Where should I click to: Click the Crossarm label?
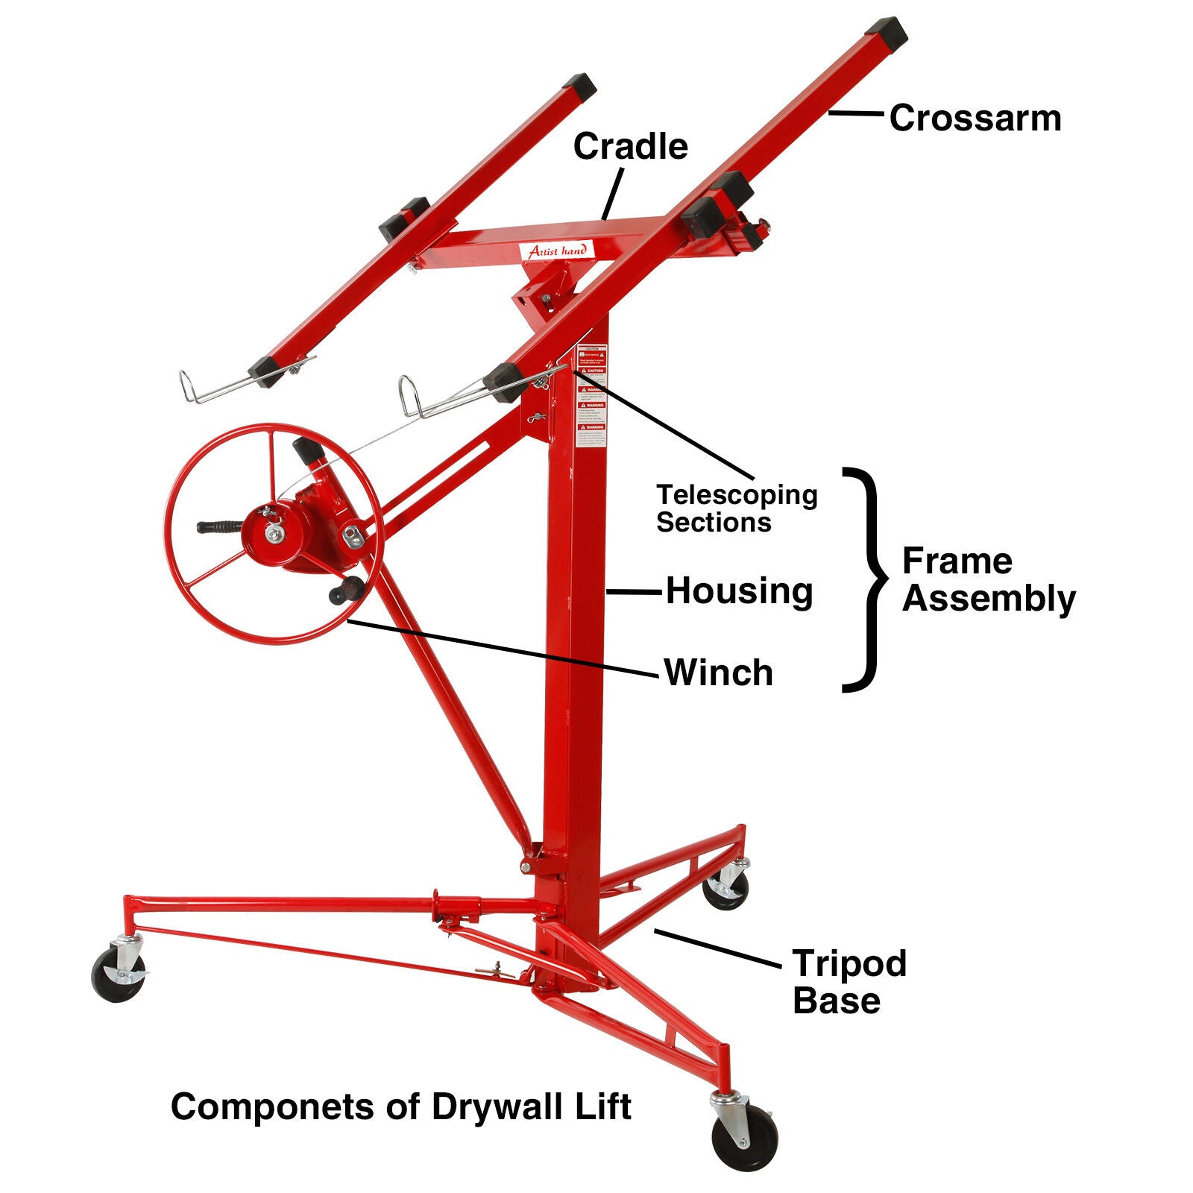point(975,119)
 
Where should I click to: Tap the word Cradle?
point(630,146)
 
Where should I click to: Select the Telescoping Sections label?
point(736,508)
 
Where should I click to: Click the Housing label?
point(739,591)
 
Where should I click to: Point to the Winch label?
point(719,673)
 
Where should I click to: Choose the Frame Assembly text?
point(988,579)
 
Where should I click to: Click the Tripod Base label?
point(849,981)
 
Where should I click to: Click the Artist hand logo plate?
point(557,251)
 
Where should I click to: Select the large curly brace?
point(865,579)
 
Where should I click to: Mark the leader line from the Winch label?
point(503,647)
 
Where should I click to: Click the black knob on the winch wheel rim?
point(347,590)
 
